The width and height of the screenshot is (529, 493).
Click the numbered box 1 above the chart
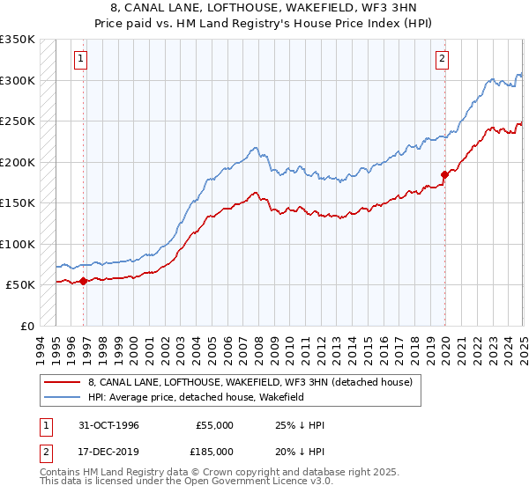coord(79,60)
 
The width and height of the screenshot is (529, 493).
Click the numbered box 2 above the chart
coord(441,60)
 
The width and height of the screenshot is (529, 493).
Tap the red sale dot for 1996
coord(84,281)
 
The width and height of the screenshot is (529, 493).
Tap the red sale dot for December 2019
coord(444,174)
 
